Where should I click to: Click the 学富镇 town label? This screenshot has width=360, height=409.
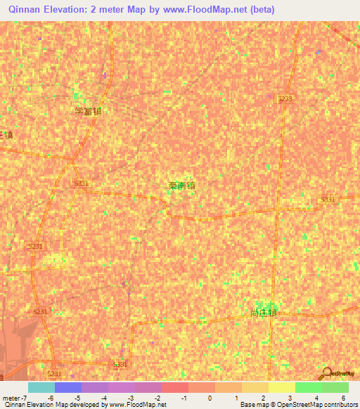click(x=89, y=111)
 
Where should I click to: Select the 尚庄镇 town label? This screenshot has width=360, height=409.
click(x=264, y=313)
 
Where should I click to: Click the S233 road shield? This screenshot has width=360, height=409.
click(x=284, y=99)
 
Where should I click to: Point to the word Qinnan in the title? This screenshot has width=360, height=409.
click(x=25, y=10)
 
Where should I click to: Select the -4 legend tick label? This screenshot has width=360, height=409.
click(x=104, y=398)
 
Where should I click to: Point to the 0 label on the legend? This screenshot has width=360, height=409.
click(x=201, y=398)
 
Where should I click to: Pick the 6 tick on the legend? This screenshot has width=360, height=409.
click(x=344, y=398)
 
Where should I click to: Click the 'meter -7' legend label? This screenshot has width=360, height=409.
click(x=15, y=398)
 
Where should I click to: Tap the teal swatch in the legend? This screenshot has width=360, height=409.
click(x=41, y=387)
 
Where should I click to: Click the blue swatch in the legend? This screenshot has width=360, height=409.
click(x=68, y=387)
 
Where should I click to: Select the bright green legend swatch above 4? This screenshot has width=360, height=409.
click(x=309, y=387)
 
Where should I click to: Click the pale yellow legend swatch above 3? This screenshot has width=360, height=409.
click(x=282, y=387)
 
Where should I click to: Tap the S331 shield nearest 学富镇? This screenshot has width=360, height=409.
click(x=82, y=183)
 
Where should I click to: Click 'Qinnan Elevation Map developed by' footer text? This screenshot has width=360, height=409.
click(x=53, y=405)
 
